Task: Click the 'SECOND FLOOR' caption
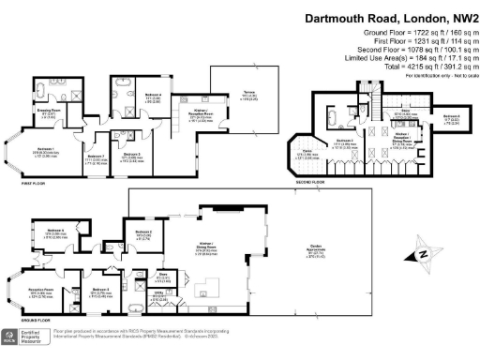tap(306, 181)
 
